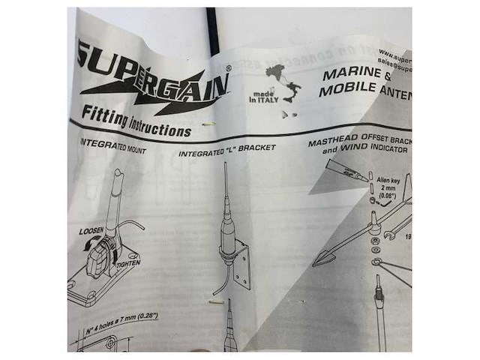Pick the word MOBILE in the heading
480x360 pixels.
point(346,92)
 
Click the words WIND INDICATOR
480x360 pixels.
point(375,150)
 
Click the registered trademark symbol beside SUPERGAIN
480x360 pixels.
point(228,67)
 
